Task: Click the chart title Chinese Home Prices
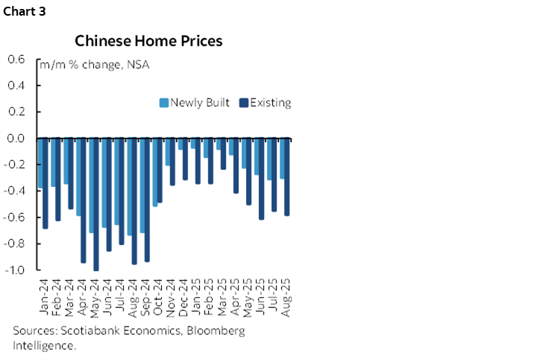coord(148,41)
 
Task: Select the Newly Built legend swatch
coord(164,103)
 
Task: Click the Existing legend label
coord(270,103)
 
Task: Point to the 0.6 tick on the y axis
coord(16,60)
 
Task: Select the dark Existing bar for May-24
coord(96,204)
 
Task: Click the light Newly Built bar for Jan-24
coord(40,163)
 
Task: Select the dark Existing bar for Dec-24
coord(184,159)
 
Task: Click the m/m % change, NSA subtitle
coord(95,65)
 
